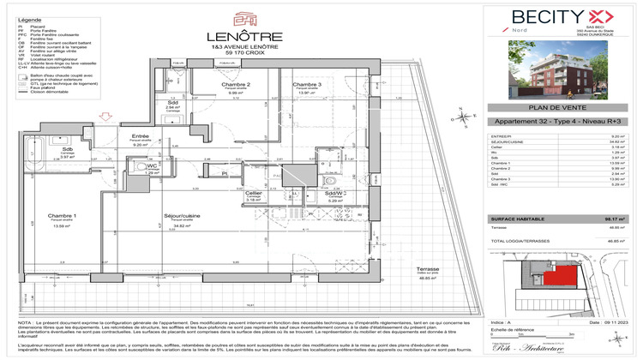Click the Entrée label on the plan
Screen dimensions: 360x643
[x=141, y=136]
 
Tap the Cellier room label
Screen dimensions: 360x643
[x=253, y=194]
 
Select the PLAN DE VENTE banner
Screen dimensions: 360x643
[x=562, y=109]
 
